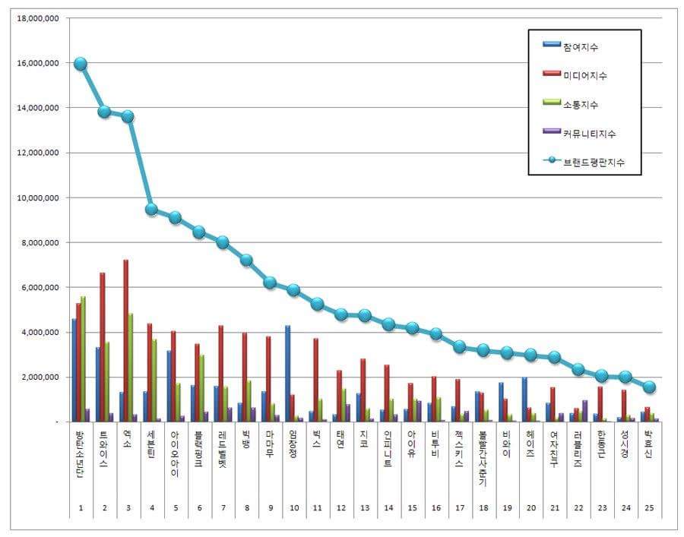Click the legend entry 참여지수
(x=581, y=47)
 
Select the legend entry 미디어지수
(x=585, y=75)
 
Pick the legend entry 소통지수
(x=581, y=104)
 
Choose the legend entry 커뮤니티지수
(x=590, y=133)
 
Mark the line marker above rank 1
(x=80, y=64)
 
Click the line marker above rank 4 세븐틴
(x=151, y=209)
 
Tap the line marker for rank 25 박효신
(x=649, y=387)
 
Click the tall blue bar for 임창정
(x=287, y=373)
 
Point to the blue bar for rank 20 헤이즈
(x=524, y=399)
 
